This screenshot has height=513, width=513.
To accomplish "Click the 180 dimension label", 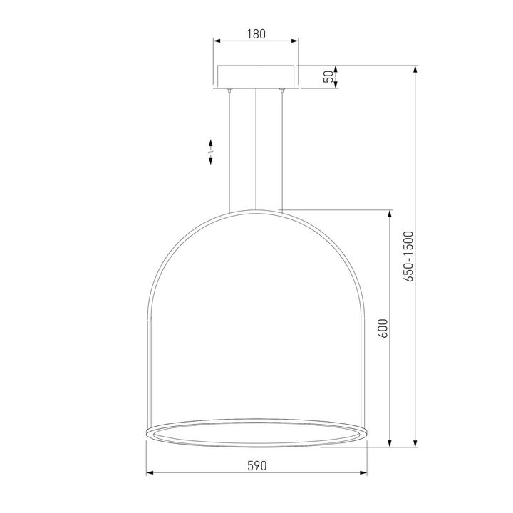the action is point(256,34).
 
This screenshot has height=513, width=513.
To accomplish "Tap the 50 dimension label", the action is point(328,76).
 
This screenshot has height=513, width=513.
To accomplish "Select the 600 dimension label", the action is point(383,328).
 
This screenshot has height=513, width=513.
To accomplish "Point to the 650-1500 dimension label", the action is point(409,256).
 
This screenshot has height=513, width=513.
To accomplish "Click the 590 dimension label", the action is point(257,465).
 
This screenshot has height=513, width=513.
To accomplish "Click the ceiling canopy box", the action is point(256,77).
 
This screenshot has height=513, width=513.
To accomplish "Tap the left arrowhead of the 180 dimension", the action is point(217,41).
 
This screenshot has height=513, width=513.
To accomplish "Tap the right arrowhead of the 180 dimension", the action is point(295,41).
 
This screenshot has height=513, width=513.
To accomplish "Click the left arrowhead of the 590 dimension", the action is point(150,472).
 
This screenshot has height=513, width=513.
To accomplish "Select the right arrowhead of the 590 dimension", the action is point(363,472).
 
